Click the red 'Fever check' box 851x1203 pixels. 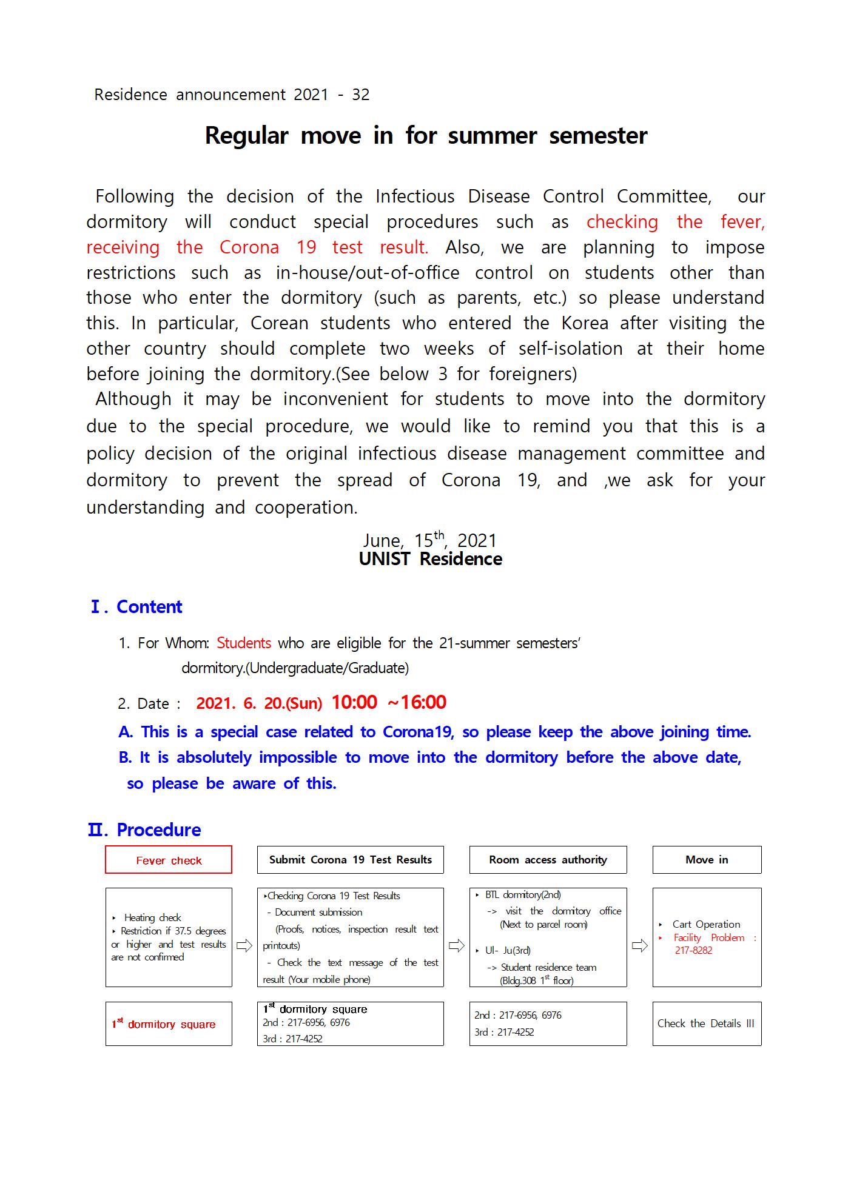(x=169, y=860)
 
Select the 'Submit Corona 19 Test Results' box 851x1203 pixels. (x=350, y=860)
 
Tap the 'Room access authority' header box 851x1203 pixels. (x=548, y=860)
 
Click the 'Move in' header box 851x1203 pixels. (x=707, y=860)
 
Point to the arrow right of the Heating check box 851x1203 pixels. (x=244, y=945)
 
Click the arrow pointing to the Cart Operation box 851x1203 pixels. (x=639, y=945)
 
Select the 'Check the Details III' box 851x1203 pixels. (x=707, y=1024)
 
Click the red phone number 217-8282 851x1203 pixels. (x=693, y=950)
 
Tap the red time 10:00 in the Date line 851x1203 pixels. (x=354, y=702)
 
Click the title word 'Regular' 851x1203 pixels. (x=246, y=135)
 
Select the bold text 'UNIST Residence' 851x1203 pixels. (x=430, y=559)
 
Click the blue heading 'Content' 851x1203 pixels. (x=149, y=607)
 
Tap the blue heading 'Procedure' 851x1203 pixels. (x=158, y=830)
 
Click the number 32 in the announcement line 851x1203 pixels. (x=360, y=95)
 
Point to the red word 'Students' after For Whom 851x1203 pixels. (x=244, y=643)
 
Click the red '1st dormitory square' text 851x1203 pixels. (x=164, y=1024)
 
